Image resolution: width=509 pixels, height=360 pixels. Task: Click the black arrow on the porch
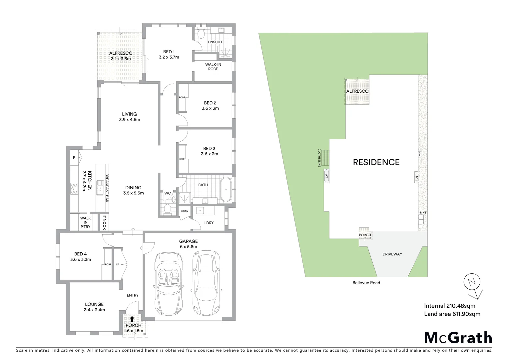[x=133, y=319]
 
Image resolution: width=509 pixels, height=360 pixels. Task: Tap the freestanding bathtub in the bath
[x=226, y=189]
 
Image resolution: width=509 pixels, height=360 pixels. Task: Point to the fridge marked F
[x=74, y=158]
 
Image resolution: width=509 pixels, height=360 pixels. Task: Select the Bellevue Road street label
[x=366, y=283]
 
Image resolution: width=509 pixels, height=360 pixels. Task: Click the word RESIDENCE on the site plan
[x=376, y=162]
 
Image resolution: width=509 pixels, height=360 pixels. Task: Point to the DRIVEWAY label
[x=392, y=254]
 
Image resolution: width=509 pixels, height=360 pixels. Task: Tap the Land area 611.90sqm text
[x=452, y=314]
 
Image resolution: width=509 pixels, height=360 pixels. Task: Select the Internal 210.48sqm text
[x=449, y=306]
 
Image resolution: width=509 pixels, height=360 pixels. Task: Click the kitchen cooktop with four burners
[x=74, y=189]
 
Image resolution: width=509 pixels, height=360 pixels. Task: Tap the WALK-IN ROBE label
[x=213, y=66]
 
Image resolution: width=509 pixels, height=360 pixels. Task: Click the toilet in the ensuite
[x=201, y=34]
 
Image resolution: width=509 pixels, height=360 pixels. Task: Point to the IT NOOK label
[x=104, y=222]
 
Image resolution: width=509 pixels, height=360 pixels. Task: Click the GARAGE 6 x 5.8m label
[x=188, y=244]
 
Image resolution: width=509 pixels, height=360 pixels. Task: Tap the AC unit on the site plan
[x=416, y=177]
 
